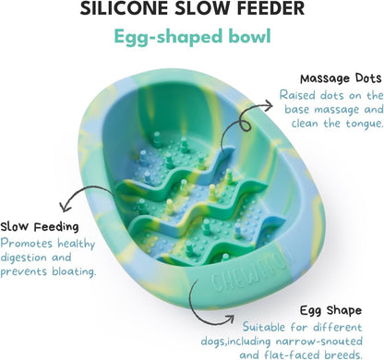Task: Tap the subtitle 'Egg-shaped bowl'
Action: (192, 38)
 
